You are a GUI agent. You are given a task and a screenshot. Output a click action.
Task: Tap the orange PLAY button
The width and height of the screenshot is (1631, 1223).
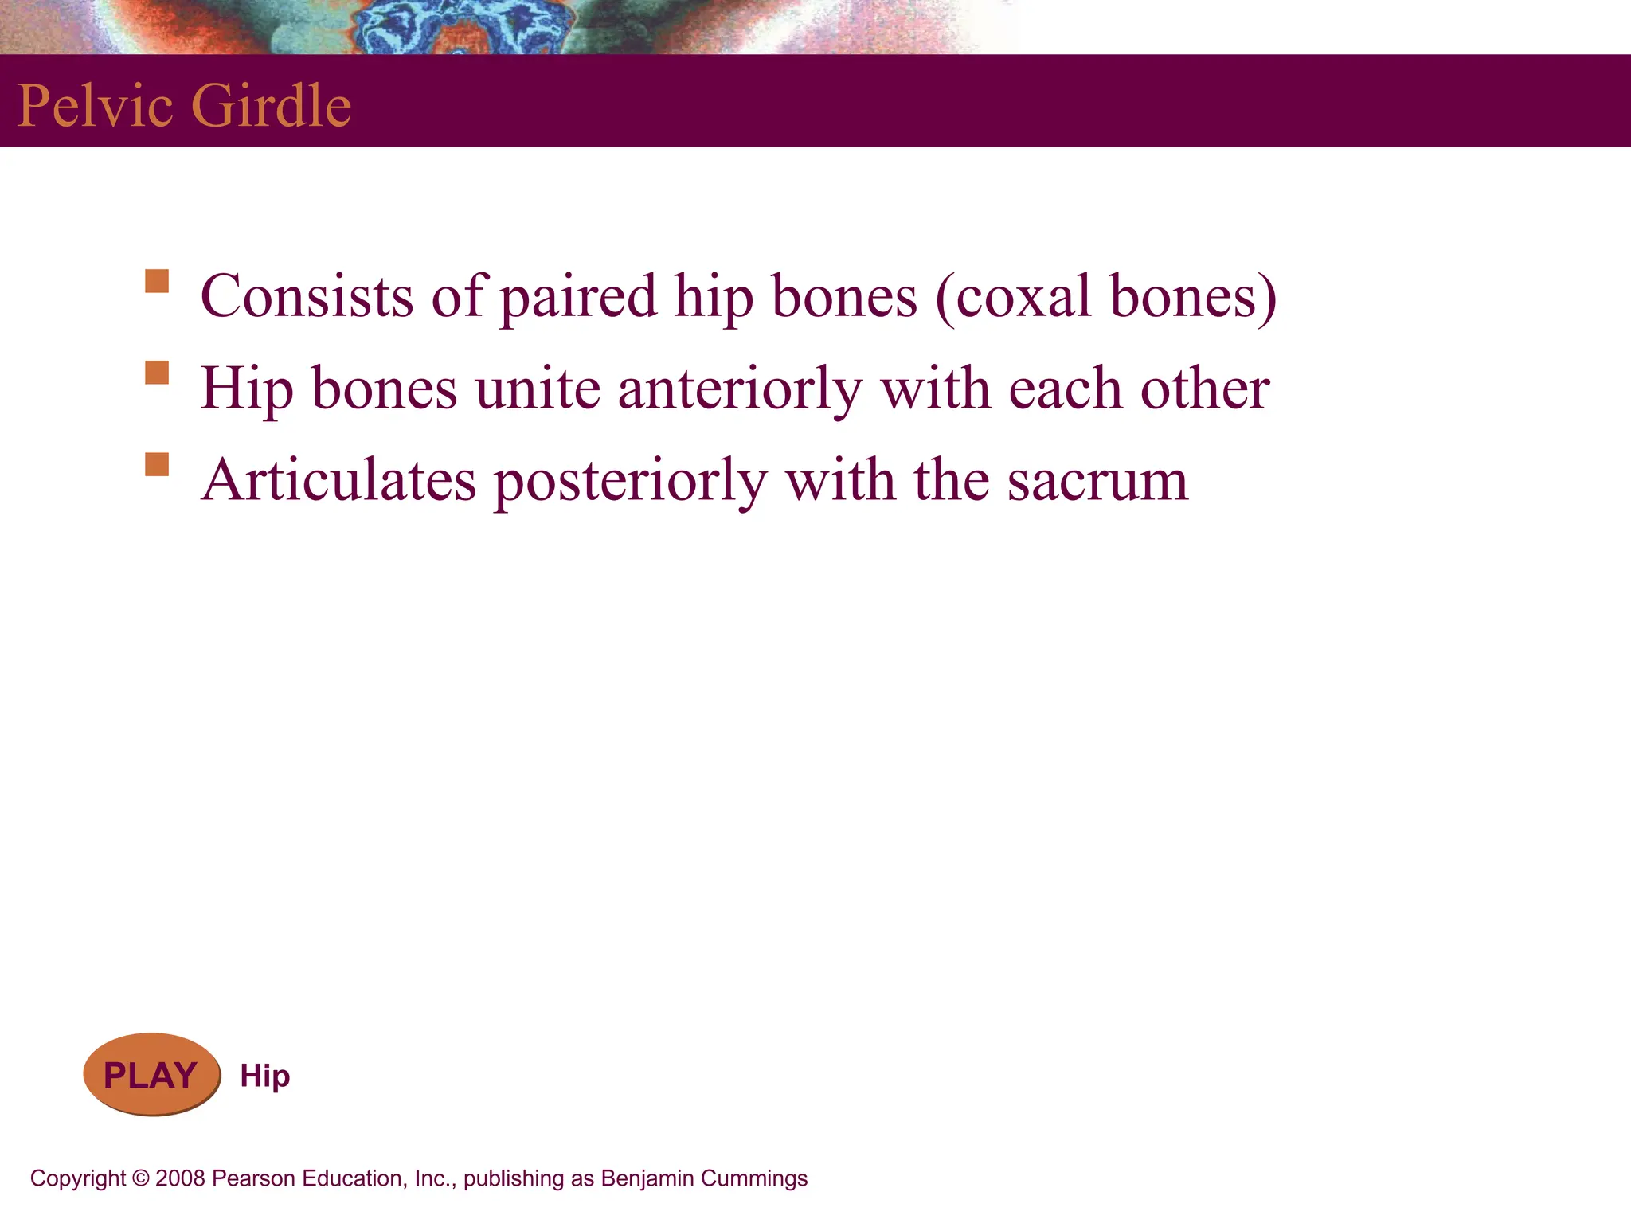(151, 1075)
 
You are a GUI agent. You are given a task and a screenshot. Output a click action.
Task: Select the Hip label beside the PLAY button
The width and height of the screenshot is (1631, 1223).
(265, 1076)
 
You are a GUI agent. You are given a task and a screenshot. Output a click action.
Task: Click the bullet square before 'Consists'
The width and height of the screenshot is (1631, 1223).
(157, 281)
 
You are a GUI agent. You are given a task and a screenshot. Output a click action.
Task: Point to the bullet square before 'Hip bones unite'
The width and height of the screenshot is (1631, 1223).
(157, 373)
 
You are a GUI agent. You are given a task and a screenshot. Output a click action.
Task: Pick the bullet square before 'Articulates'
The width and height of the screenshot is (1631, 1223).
(157, 464)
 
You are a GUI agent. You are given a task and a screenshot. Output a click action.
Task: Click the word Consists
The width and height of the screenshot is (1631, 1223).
(307, 296)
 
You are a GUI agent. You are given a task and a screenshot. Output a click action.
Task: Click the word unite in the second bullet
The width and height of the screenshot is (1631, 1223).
(538, 389)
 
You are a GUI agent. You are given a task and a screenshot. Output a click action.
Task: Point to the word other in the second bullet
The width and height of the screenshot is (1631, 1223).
(1204, 389)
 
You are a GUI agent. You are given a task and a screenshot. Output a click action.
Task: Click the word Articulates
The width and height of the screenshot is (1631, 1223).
(338, 481)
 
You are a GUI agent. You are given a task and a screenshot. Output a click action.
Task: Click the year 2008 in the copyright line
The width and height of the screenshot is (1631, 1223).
(181, 1178)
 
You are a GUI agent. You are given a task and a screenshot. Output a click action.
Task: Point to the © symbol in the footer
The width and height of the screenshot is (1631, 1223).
(140, 1178)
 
